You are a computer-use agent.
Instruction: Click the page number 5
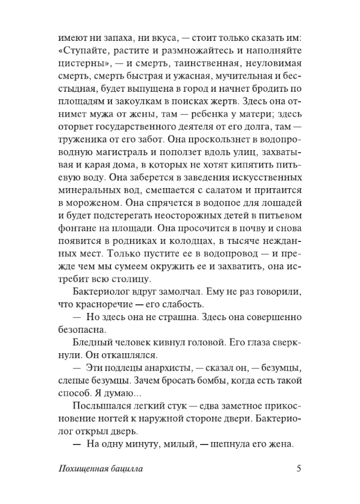[298, 468]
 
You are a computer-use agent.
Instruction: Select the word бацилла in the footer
[124, 469]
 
